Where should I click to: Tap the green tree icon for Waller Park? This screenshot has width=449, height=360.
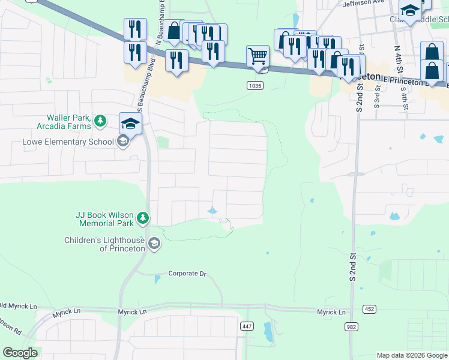click(101, 122)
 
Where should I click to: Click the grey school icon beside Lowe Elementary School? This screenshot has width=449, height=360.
click(123, 142)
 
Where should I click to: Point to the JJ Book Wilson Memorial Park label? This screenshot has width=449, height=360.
click(104, 218)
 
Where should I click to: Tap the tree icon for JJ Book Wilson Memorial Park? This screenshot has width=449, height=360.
click(143, 218)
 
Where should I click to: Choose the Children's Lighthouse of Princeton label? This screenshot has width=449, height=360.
click(104, 244)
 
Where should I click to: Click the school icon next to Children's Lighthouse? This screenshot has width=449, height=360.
click(154, 244)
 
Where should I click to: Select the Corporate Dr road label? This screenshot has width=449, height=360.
click(187, 274)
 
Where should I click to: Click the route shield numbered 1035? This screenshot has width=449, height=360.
click(255, 86)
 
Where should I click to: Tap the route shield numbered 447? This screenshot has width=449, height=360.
click(247, 326)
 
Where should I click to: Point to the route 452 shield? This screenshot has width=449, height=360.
click(369, 309)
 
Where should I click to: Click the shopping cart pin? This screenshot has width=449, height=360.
click(257, 56)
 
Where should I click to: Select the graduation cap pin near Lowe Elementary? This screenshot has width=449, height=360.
click(130, 124)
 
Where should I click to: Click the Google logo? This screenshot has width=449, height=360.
click(20, 353)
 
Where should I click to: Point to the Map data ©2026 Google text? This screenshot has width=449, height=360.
click(411, 355)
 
